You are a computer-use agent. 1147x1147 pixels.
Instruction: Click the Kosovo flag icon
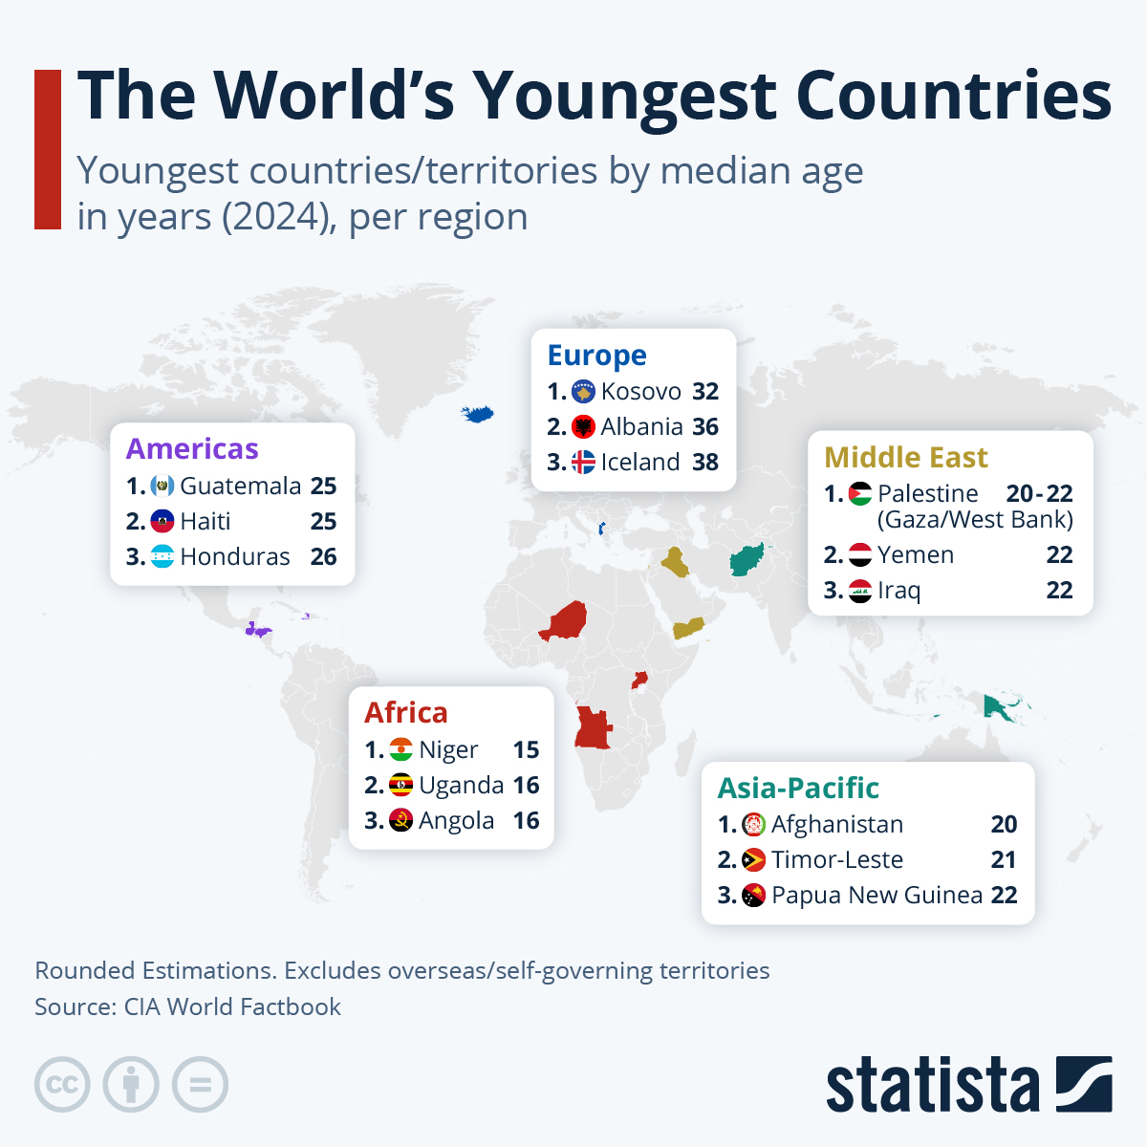[x=583, y=392]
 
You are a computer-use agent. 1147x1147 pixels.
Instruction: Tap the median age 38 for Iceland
[x=705, y=463]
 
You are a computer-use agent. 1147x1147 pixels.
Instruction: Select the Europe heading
[x=596, y=356]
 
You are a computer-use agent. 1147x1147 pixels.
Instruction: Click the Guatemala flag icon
[x=162, y=487]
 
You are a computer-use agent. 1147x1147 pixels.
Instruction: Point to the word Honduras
[x=235, y=557]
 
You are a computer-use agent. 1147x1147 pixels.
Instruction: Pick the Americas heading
[x=192, y=449]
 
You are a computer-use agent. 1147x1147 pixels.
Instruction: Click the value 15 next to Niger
[x=526, y=750]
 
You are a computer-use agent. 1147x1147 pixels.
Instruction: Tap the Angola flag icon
[x=401, y=821]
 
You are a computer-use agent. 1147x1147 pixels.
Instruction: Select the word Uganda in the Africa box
[x=461, y=786]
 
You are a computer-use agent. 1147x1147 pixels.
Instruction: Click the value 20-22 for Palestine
[x=1039, y=494]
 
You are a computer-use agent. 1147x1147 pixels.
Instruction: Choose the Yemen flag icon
[x=860, y=555]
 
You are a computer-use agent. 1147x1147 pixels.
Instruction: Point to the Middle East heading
[x=905, y=458]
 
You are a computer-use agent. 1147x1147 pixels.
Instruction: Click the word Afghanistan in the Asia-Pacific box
[x=837, y=825]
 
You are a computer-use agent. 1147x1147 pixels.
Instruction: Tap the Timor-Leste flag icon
[x=754, y=860]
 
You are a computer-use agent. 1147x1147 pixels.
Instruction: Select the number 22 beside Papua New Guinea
[x=1004, y=896]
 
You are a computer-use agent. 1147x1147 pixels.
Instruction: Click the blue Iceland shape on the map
[x=478, y=414]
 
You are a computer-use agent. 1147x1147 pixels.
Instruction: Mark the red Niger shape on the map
[x=564, y=622]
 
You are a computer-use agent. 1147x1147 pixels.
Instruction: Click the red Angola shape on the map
[x=592, y=728]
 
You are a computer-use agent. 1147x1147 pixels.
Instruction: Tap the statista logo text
[x=932, y=1086]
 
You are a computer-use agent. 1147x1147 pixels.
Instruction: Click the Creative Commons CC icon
[x=62, y=1085]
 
